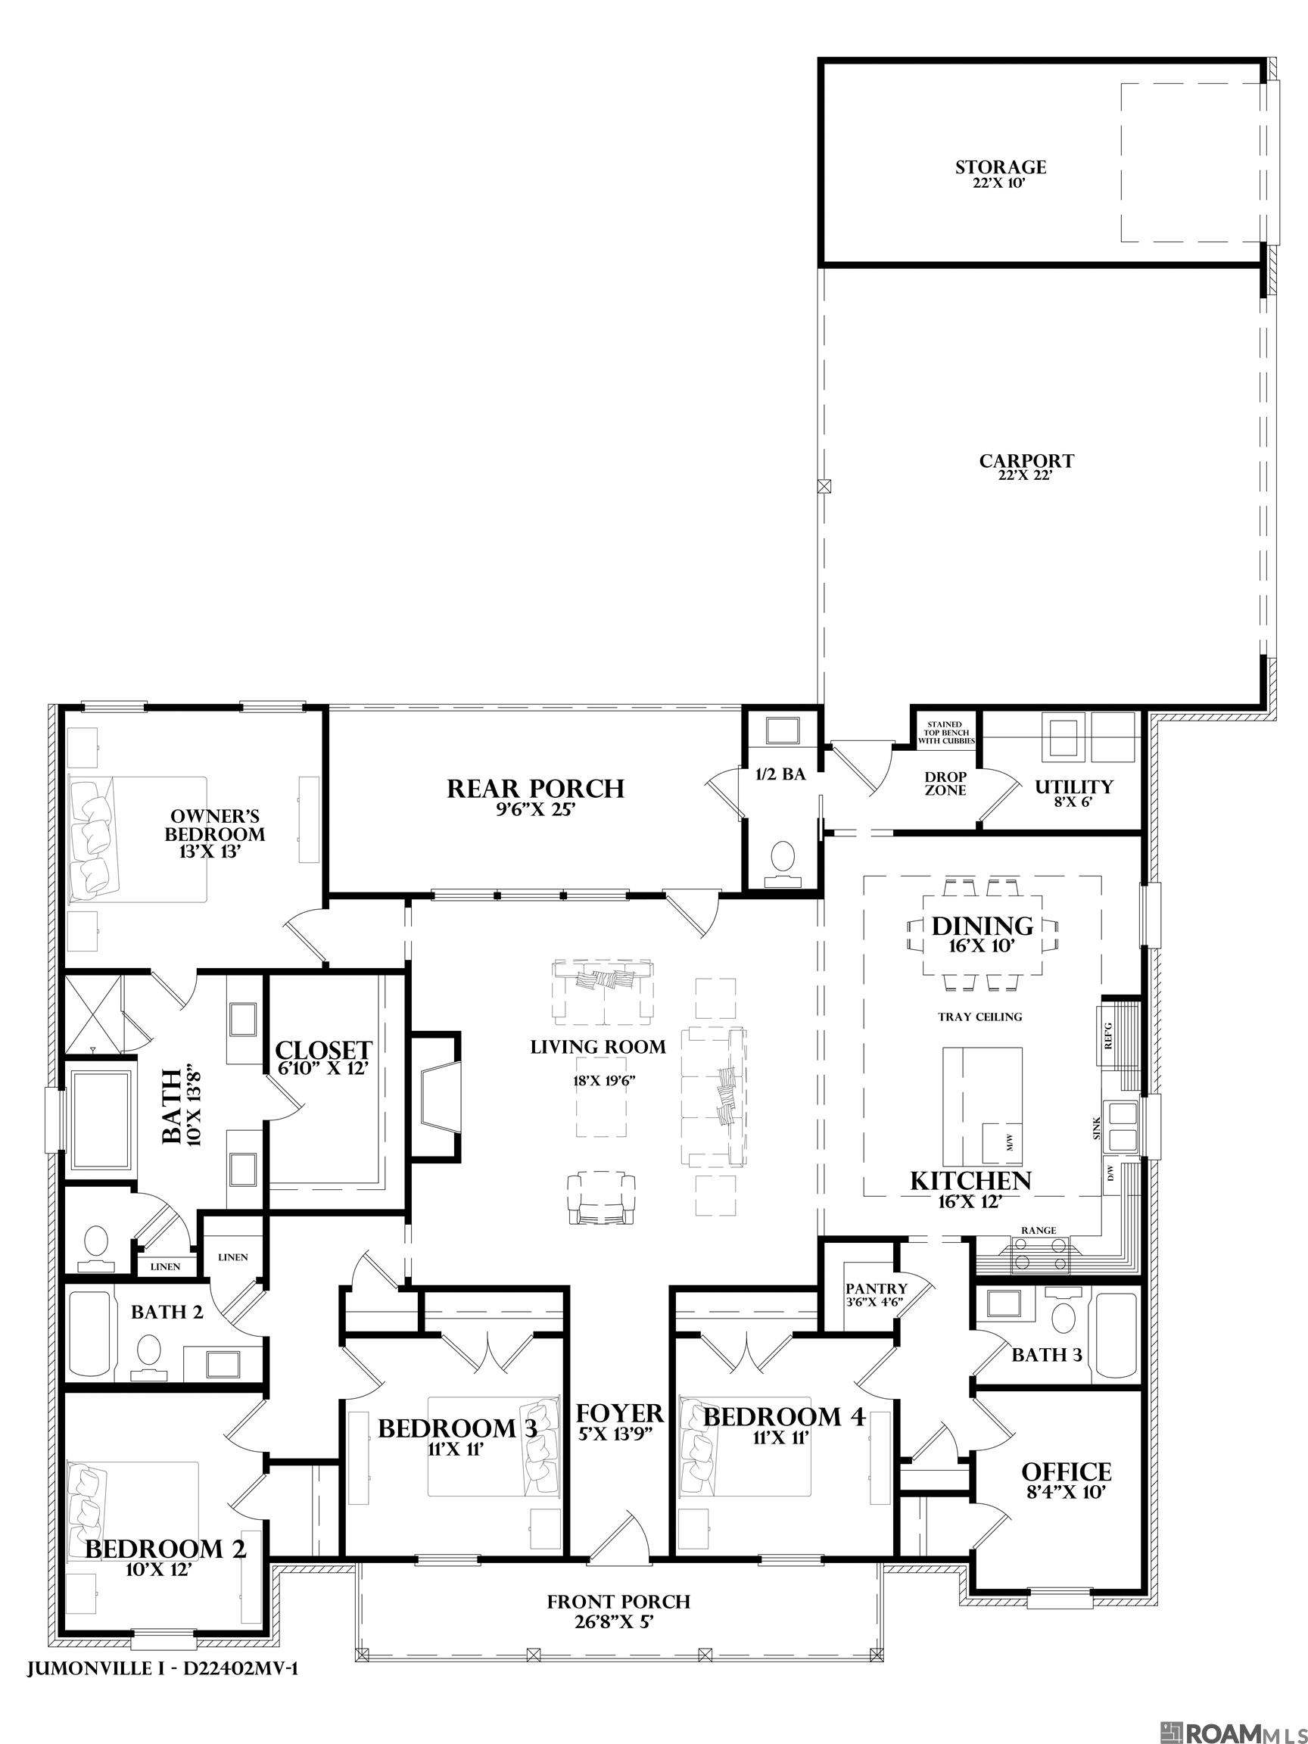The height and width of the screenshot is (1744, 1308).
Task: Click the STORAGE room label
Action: point(1001,168)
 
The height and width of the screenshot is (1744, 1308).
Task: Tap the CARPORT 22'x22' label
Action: point(1026,461)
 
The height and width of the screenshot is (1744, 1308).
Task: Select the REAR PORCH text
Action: point(535,789)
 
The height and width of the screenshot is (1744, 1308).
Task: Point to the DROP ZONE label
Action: point(945,783)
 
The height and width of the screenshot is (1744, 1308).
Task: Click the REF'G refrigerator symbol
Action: point(1110,1035)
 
